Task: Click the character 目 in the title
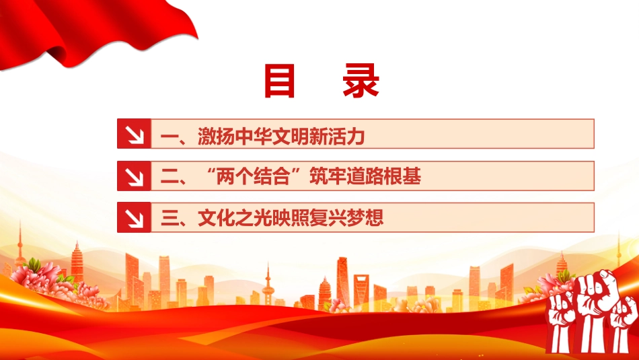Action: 279,81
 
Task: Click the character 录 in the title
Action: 361,81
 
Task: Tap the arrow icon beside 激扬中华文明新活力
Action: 134,134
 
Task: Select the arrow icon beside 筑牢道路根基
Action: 134,176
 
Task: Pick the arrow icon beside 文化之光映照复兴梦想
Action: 134,217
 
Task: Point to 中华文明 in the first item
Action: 272,136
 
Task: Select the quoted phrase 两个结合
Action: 253,176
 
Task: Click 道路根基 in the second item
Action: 383,176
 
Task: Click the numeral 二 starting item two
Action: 169,177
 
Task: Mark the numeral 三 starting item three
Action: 169,218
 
